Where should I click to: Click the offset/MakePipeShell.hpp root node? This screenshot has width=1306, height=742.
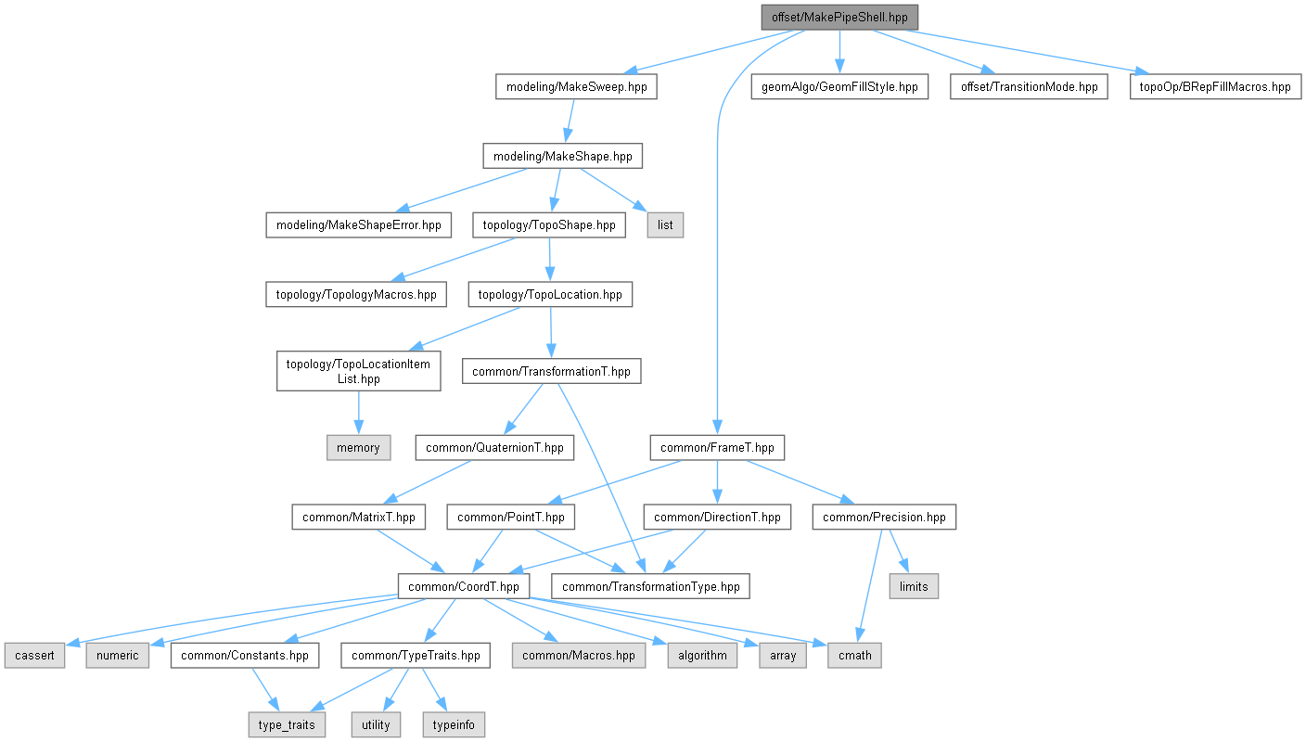pyautogui.click(x=839, y=18)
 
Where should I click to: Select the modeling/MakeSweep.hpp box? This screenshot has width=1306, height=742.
pyautogui.click(x=576, y=87)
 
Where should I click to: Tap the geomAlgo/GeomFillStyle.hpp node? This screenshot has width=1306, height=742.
pyautogui.click(x=839, y=87)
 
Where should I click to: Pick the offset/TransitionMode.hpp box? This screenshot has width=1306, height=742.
pyautogui.click(x=1029, y=87)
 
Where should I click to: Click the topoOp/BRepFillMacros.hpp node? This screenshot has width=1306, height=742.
pyautogui.click(x=1215, y=87)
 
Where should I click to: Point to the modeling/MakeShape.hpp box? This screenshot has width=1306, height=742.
pyautogui.click(x=563, y=156)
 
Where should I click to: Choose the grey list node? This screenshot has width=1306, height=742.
pyautogui.click(x=665, y=224)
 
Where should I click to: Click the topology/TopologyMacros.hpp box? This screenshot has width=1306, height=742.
pyautogui.click(x=356, y=295)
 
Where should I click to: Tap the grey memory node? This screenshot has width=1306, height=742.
pyautogui.click(x=358, y=447)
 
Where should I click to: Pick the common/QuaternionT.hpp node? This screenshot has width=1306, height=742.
pyautogui.click(x=494, y=447)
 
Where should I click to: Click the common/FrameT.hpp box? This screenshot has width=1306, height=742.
pyautogui.click(x=717, y=447)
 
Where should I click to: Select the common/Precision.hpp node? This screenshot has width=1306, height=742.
pyautogui.click(x=884, y=517)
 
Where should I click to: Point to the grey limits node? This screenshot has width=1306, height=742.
pyautogui.click(x=914, y=586)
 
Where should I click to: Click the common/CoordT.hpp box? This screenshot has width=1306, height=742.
pyautogui.click(x=464, y=586)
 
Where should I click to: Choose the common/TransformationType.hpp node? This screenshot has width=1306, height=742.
pyautogui.click(x=651, y=586)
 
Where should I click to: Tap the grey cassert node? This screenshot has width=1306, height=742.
pyautogui.click(x=34, y=655)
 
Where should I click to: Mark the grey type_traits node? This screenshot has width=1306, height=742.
pyautogui.click(x=287, y=724)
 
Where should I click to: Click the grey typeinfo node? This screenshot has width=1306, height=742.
pyautogui.click(x=454, y=724)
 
